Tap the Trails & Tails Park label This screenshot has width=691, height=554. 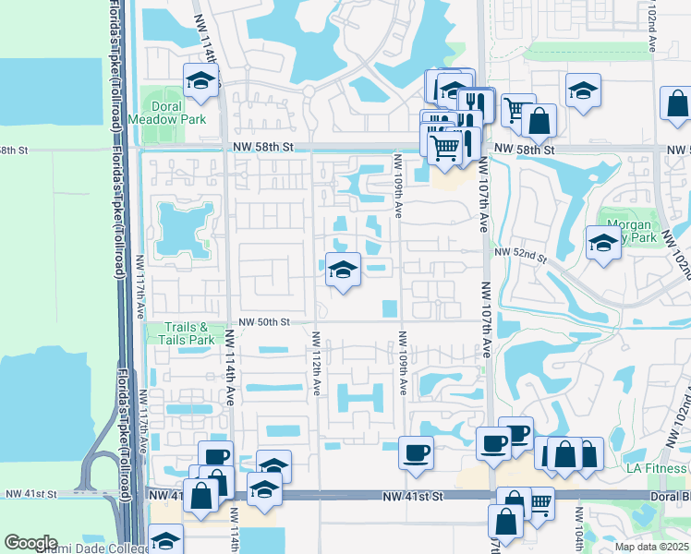[x=188, y=333]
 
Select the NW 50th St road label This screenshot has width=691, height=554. [x=265, y=322]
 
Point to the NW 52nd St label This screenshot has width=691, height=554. [x=521, y=252]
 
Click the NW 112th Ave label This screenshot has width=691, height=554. [x=316, y=364]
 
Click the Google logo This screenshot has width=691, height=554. [x=31, y=543]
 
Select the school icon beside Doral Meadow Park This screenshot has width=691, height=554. [x=199, y=81]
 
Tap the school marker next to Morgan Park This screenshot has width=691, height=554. [x=603, y=243]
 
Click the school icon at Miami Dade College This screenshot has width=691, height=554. [x=166, y=541]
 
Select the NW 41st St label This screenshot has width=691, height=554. [x=413, y=496]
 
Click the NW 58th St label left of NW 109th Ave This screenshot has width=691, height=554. [x=274, y=147]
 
